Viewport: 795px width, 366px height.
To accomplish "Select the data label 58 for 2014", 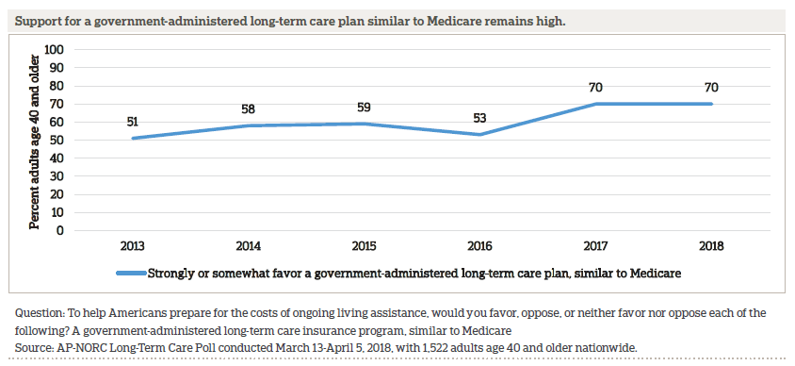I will point(248,108).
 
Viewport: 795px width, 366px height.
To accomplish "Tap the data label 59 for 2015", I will point(364,106).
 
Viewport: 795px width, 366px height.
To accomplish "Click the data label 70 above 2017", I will point(595,86).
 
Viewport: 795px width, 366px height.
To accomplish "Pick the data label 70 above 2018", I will point(711,86).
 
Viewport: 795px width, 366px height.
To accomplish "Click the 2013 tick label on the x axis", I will point(132,247).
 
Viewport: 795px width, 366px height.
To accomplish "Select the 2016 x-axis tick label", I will point(479,247).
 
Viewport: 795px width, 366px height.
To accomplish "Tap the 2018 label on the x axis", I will point(711,247).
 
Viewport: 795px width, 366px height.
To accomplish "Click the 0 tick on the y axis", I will point(60,230).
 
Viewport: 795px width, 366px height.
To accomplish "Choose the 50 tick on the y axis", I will point(57,140).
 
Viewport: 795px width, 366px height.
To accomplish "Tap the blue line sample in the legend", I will point(131,274).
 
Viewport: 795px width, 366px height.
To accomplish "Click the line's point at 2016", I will point(479,134).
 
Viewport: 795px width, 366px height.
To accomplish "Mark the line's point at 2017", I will point(595,104).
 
